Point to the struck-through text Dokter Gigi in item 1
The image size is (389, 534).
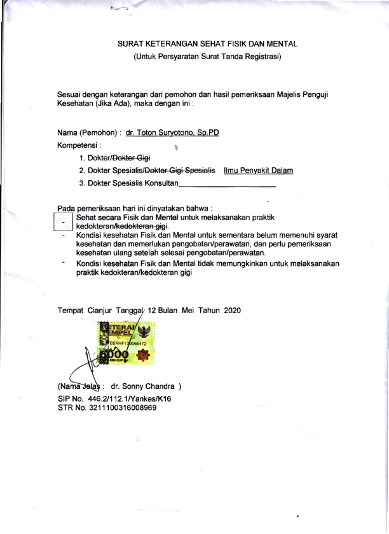point(135,158)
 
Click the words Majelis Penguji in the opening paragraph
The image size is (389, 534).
point(304,94)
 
